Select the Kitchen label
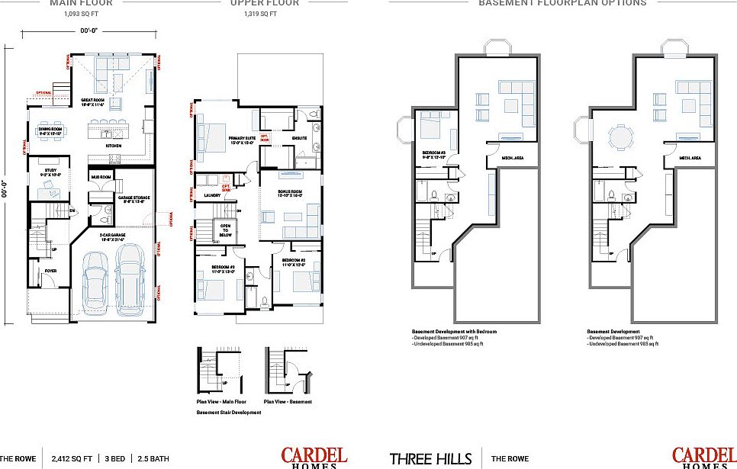pyautogui.click(x=113, y=145)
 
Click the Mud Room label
pyautogui.click(x=101, y=177)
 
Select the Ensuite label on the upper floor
pyautogui.click(x=300, y=138)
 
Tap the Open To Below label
pyautogui.click(x=227, y=230)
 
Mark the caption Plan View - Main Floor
pyautogui.click(x=220, y=401)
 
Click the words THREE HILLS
pyautogui.click(x=430, y=459)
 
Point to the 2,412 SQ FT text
pyautogui.click(x=71, y=459)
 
